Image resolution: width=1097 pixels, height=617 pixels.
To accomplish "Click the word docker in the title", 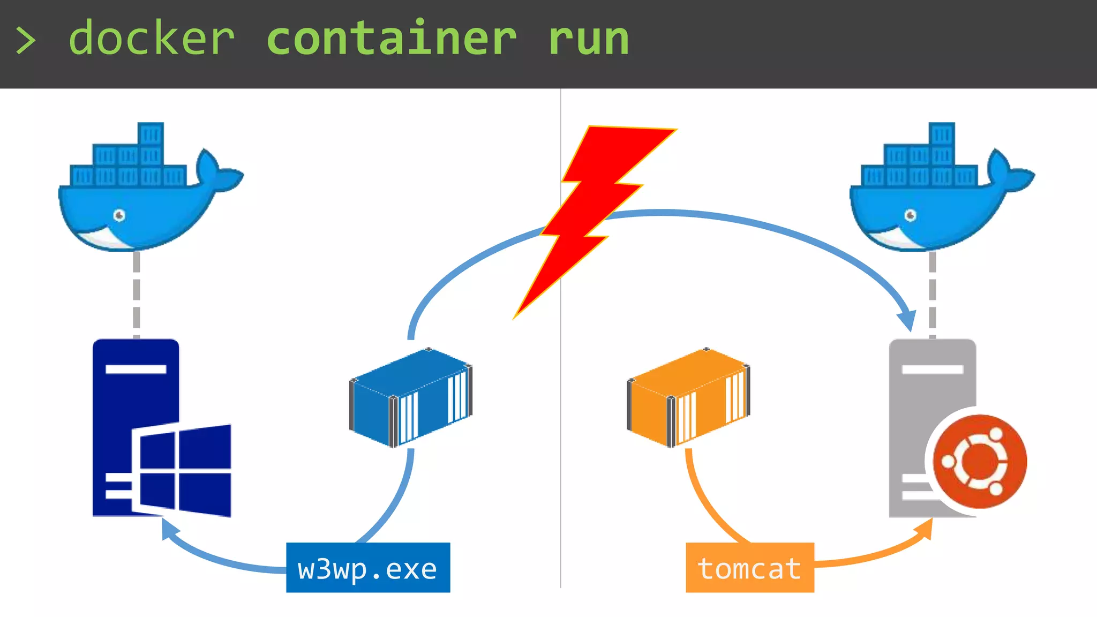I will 152,39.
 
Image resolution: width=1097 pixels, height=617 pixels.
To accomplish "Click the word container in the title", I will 391,39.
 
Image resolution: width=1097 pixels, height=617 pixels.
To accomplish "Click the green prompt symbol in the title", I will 25,41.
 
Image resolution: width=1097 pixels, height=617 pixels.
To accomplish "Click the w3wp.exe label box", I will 368,568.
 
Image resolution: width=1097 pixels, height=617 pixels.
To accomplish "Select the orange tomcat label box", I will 749,568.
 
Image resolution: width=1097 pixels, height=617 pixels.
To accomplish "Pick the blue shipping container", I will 411,397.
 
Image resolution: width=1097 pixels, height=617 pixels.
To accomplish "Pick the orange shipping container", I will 688,397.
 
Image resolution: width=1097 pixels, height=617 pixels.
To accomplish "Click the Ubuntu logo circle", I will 980,462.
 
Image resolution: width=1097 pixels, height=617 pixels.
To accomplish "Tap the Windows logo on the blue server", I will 182,470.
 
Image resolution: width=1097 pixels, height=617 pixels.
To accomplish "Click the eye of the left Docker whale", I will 119,215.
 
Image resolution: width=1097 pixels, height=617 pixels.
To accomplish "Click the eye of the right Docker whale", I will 910,215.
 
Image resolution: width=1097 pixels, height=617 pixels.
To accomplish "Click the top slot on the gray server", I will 932,370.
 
